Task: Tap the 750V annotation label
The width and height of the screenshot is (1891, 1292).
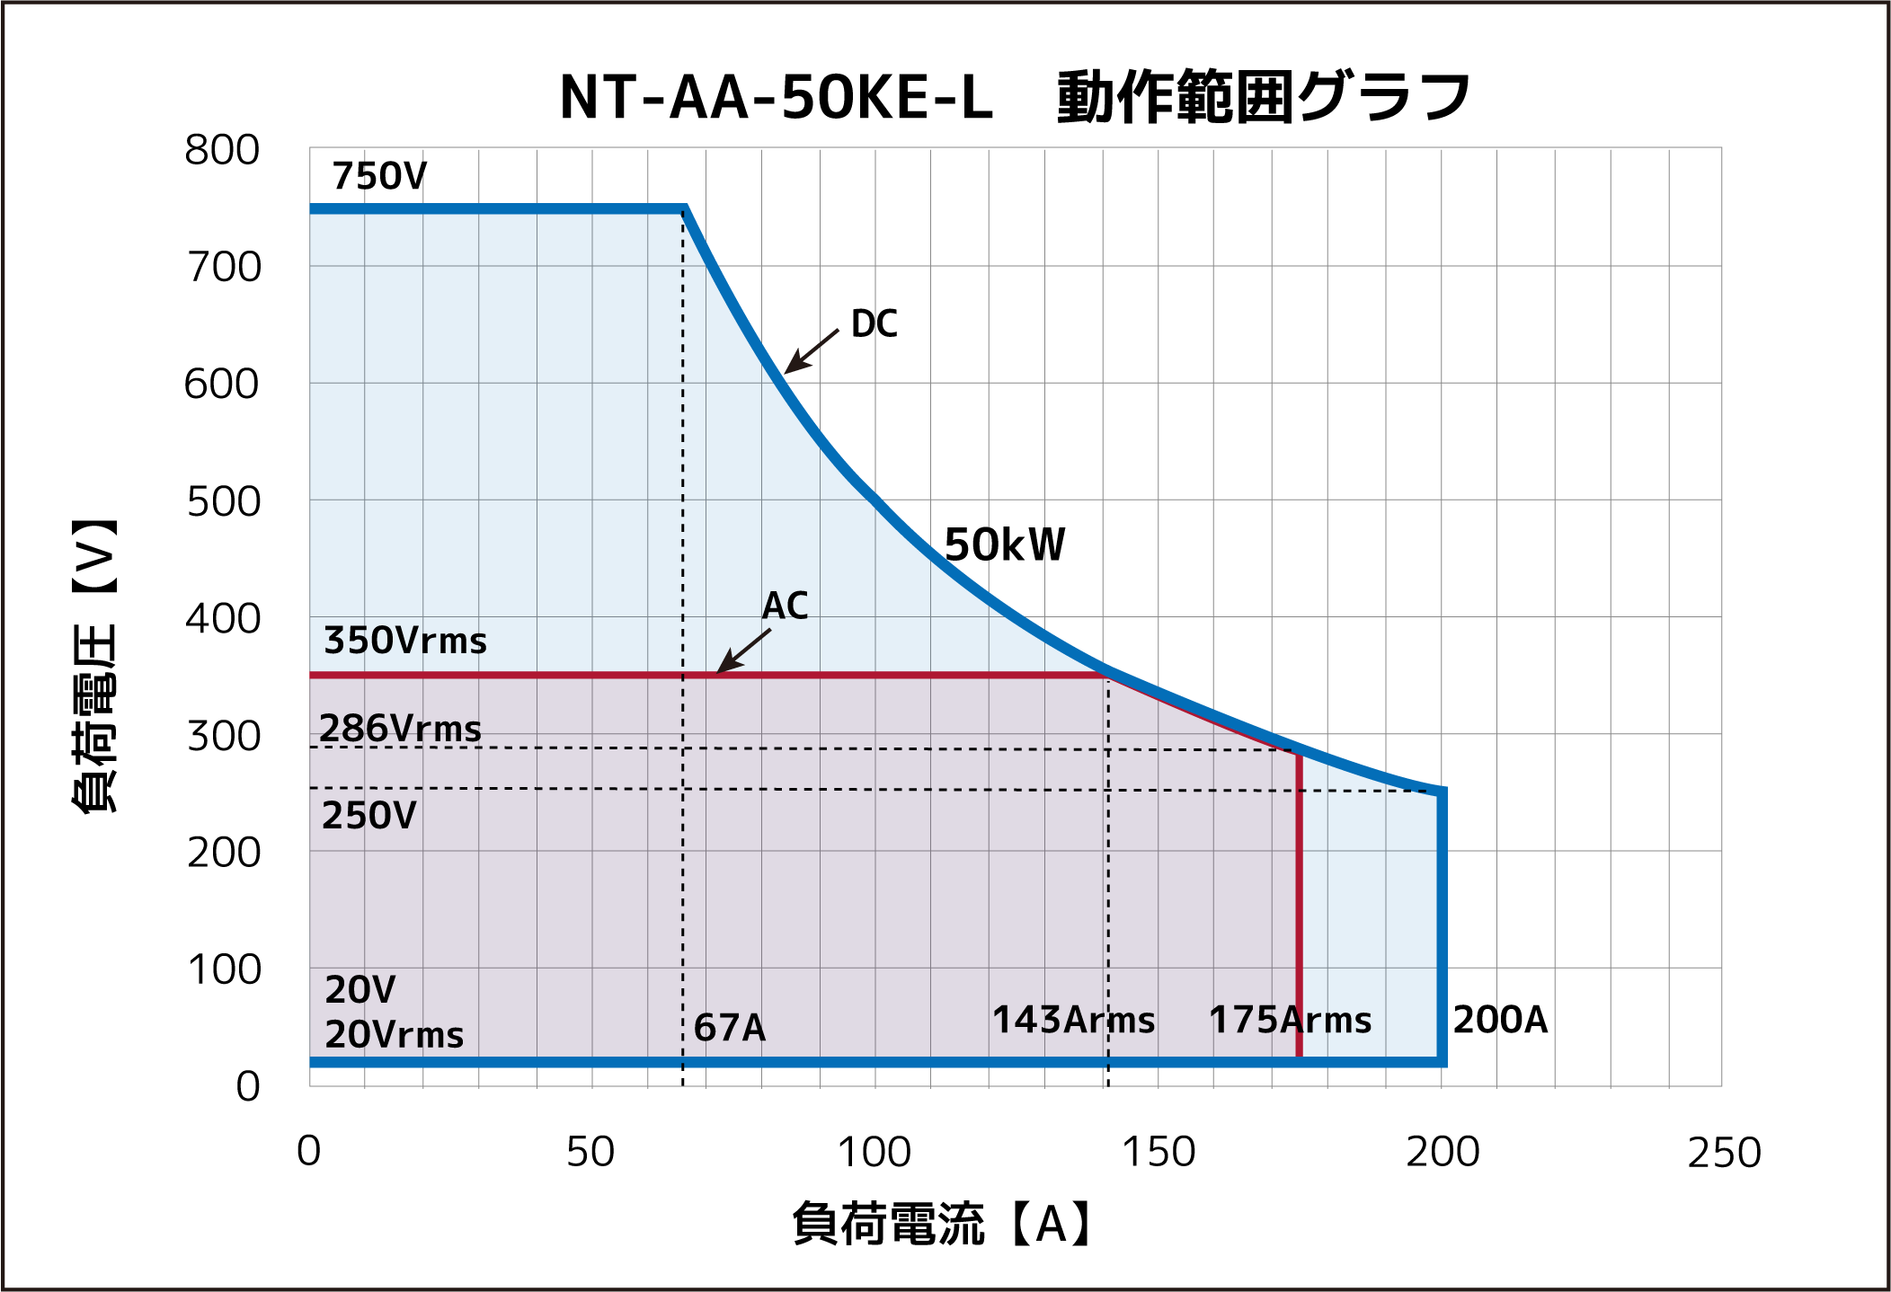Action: [379, 176]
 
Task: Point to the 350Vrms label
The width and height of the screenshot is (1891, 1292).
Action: [405, 641]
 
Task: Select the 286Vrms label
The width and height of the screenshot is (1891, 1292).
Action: [400, 728]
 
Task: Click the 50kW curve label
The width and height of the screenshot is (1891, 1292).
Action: [1005, 544]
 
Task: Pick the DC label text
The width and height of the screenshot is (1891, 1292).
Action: [874, 323]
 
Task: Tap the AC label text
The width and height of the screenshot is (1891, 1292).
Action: [785, 606]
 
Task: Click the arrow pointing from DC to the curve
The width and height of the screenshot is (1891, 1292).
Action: [811, 351]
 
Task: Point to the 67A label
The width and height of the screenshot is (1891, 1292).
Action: [730, 1027]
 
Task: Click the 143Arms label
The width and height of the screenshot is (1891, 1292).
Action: [1073, 1020]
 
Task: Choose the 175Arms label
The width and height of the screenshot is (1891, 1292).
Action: [1290, 1020]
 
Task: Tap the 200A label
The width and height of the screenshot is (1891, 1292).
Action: [1500, 1020]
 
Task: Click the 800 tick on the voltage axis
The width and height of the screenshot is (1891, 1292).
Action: [222, 150]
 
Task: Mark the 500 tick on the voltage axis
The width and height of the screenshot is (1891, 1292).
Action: [223, 501]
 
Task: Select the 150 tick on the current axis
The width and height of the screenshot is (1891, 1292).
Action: [1159, 1152]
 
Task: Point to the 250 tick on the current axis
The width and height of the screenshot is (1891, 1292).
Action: [1724, 1152]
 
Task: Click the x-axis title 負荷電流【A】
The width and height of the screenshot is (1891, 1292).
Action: [942, 1224]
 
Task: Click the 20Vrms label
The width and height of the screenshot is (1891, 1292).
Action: [394, 1035]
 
